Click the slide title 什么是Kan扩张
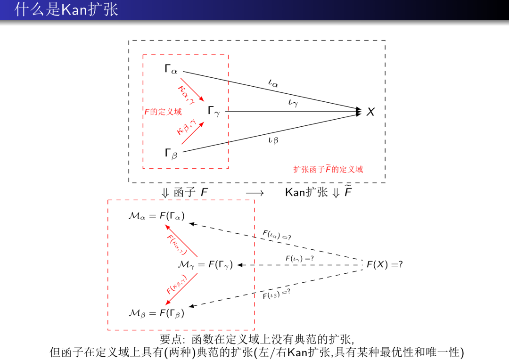click(66, 9)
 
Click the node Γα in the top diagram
click(171, 70)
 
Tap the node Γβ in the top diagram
click(171, 153)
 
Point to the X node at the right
click(371, 112)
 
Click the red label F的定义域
click(163, 112)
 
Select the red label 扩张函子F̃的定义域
click(328, 169)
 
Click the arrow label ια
click(273, 83)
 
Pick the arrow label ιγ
click(293, 102)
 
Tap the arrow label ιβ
click(273, 139)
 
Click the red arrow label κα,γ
click(186, 94)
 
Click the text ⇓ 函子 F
click(185, 193)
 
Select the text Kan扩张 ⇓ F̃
click(319, 192)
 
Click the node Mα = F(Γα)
click(156, 216)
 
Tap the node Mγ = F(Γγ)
click(205, 265)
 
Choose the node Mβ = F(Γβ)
click(156, 312)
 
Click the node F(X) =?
click(385, 265)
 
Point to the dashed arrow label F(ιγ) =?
click(300, 259)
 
